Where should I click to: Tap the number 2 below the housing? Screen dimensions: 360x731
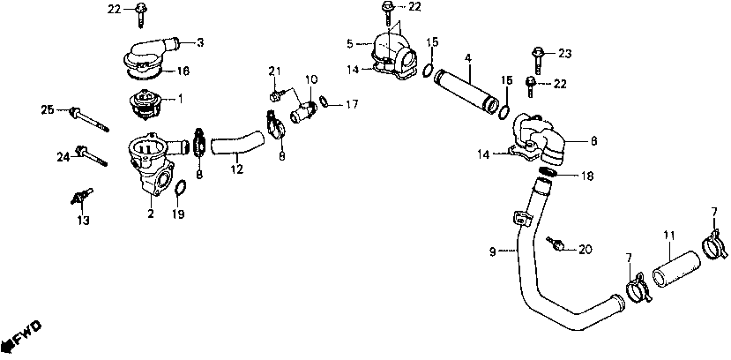[x=150, y=214]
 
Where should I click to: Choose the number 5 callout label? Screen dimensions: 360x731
[x=350, y=42]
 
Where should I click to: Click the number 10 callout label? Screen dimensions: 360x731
[x=310, y=79]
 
